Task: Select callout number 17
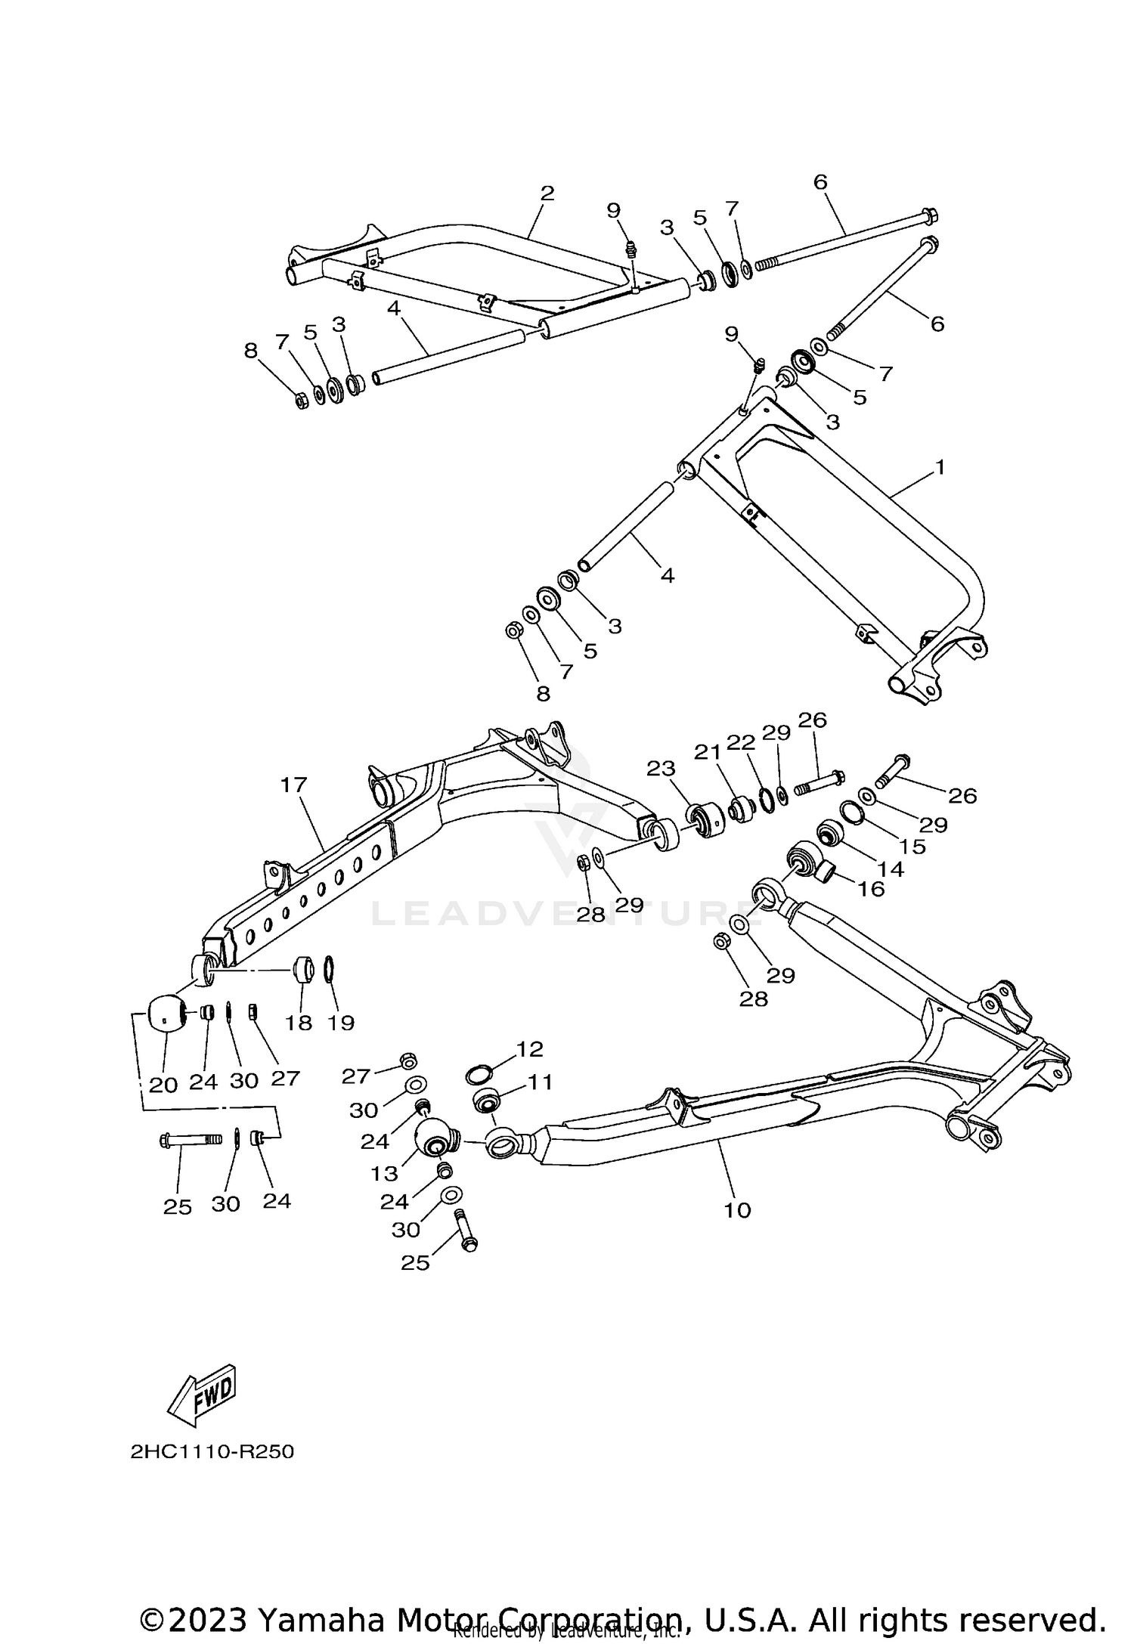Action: point(293,785)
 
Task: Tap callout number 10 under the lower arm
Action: point(737,1210)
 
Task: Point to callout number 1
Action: point(940,467)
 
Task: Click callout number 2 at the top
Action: point(547,194)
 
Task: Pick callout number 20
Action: point(163,1085)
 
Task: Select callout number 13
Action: point(384,1173)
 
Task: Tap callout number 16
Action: point(871,889)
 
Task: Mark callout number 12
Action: point(530,1049)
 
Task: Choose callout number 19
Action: point(342,1023)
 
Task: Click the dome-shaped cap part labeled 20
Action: point(166,1013)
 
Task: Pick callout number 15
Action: point(913,847)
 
